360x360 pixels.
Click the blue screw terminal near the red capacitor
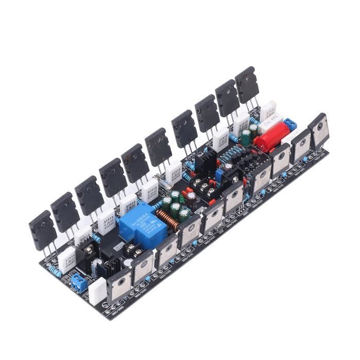(291, 125)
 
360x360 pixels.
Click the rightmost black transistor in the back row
(247, 85)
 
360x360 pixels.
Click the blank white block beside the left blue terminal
(96, 292)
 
